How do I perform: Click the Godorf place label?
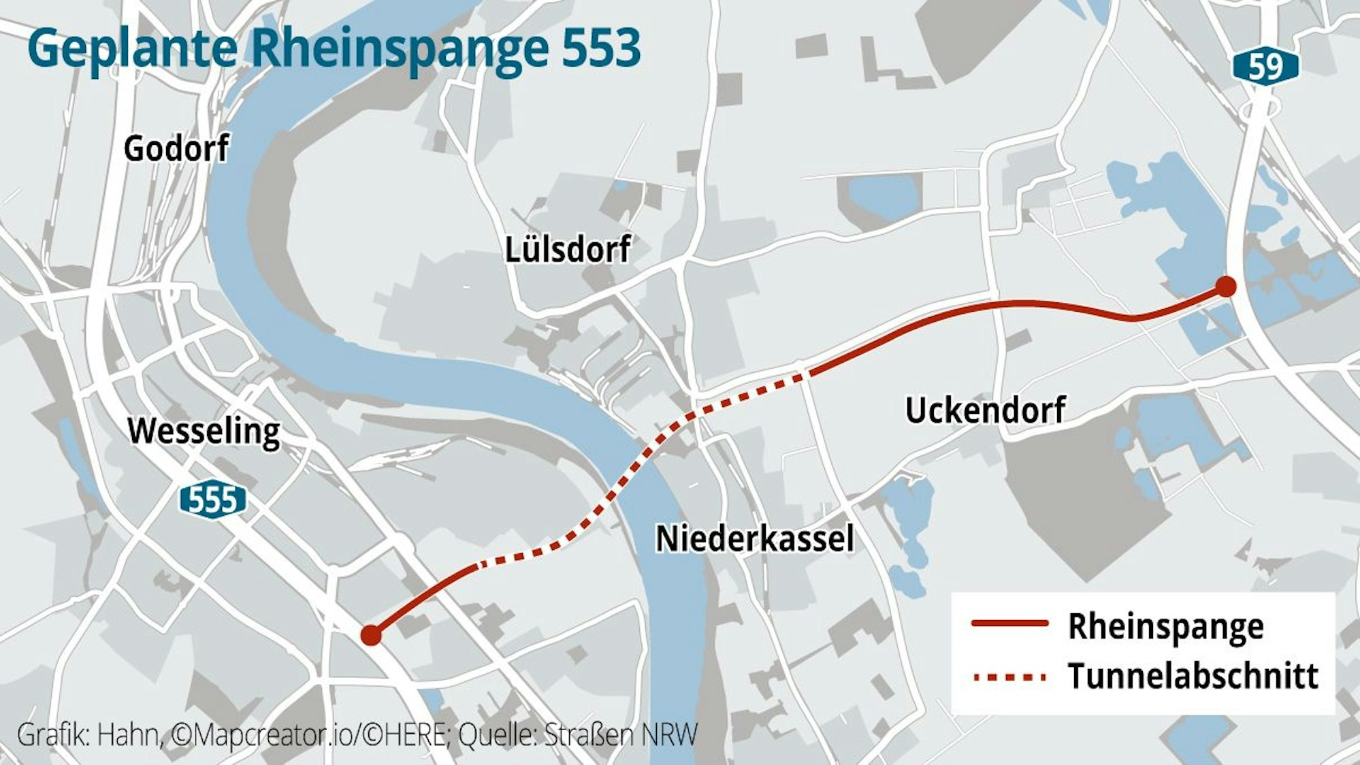[x=176, y=148]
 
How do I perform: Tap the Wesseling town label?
[x=204, y=432]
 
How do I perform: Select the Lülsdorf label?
[x=567, y=250]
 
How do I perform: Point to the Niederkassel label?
[x=754, y=539]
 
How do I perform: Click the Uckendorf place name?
[x=985, y=410]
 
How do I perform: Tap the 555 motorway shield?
[x=212, y=501]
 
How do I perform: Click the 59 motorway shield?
[x=1265, y=67]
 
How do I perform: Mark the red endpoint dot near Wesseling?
[x=370, y=635]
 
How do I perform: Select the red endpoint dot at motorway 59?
[x=1226, y=287]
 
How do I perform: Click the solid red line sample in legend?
[x=1009, y=623]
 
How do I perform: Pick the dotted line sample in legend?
[x=1009, y=677]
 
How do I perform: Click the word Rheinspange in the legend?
[x=1165, y=626]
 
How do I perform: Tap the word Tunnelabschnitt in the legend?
[x=1193, y=677]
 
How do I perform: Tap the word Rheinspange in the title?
[x=400, y=49]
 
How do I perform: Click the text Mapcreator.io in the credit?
[x=266, y=735]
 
